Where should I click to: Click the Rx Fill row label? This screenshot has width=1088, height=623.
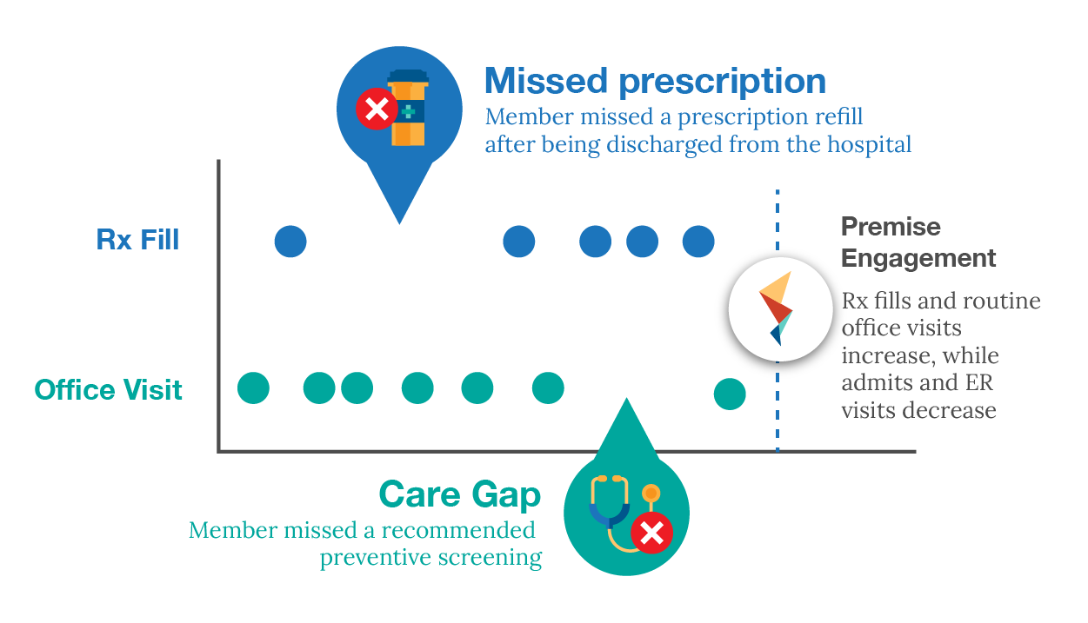[x=138, y=240]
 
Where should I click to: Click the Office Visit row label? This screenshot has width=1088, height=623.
[x=109, y=389]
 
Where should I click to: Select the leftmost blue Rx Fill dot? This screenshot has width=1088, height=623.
[x=290, y=241]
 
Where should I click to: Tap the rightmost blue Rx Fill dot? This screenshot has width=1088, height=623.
[x=698, y=241]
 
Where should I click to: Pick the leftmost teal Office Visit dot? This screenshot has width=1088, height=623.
[x=254, y=388]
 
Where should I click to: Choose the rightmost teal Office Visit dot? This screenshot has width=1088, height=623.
[x=730, y=394]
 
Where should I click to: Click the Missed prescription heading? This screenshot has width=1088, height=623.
[x=655, y=82]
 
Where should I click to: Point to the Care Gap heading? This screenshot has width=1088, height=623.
[x=459, y=494]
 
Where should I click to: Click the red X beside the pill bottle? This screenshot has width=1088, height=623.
[x=376, y=110]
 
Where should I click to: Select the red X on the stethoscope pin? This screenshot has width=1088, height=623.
[x=651, y=534]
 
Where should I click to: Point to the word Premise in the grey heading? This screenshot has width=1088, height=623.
[x=891, y=228]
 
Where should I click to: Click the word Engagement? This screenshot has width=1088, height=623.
[x=918, y=258]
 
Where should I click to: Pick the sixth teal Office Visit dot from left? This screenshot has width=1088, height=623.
[x=548, y=388]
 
